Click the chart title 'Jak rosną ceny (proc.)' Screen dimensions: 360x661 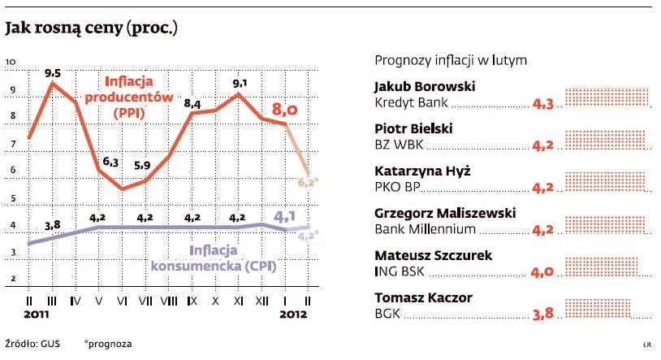pyautogui.click(x=91, y=30)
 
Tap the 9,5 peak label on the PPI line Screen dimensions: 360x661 pyautogui.click(x=53, y=72)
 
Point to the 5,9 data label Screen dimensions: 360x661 pyautogui.click(x=142, y=165)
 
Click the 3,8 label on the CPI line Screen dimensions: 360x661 pyautogui.click(x=53, y=225)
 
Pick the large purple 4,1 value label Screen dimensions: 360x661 pyautogui.click(x=285, y=217)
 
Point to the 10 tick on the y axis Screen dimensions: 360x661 pyautogui.click(x=11, y=62)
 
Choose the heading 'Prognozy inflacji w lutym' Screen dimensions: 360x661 pyautogui.click(x=451, y=60)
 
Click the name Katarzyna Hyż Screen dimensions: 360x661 pyautogui.click(x=422, y=171)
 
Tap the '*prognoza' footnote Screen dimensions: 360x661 pyautogui.click(x=108, y=344)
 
